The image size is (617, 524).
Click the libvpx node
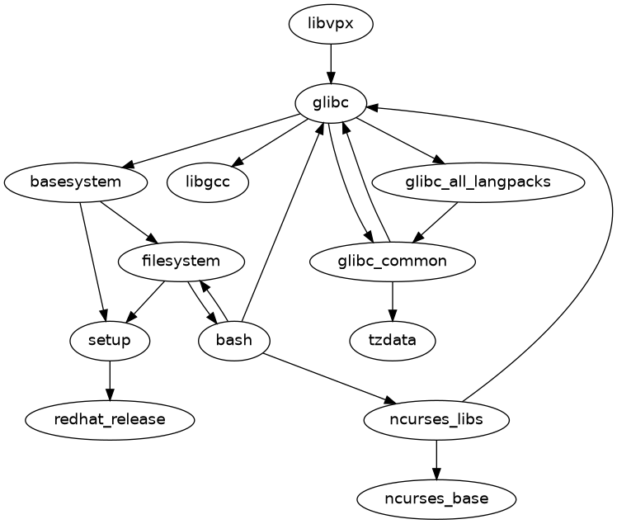(331, 23)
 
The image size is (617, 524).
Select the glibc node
(331, 102)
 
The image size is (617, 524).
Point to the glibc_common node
(393, 262)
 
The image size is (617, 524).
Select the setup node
(110, 340)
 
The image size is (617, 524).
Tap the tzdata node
(393, 340)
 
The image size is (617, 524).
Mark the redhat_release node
(110, 419)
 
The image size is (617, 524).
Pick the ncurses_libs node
(436, 419)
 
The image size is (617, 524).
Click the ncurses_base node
(436, 498)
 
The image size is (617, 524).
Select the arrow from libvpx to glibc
(331, 63)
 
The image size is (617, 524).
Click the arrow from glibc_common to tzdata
(393, 301)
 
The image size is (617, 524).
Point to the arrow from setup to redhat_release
(110, 380)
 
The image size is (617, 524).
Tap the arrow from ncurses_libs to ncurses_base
(436, 459)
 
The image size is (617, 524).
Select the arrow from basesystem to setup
(93, 261)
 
